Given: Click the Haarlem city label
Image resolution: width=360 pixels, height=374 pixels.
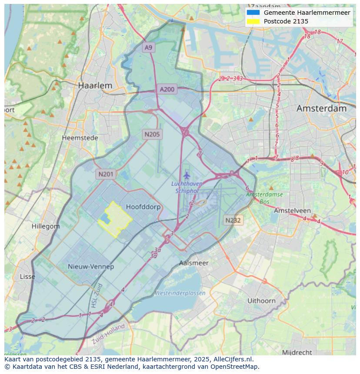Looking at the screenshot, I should [95, 86].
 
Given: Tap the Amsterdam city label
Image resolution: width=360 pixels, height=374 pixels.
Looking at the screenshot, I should [321, 109].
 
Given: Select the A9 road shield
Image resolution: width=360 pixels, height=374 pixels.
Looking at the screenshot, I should [149, 47].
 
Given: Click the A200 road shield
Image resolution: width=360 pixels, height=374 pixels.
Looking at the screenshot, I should [167, 89].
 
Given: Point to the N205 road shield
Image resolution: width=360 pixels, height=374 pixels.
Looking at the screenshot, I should [152, 134].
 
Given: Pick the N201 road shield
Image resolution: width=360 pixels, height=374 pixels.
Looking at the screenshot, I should [106, 174].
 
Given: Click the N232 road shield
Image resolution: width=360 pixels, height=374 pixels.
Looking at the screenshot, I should [233, 220].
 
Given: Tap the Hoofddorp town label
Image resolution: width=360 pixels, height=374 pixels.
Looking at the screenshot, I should [143, 207].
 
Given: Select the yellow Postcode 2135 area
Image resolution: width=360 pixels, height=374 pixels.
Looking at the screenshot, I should [116, 218].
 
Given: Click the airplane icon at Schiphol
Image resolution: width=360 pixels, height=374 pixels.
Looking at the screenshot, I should [187, 175].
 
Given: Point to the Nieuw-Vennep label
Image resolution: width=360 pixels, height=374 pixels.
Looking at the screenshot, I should [91, 266].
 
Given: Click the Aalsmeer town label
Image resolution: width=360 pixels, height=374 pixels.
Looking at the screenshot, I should [194, 263].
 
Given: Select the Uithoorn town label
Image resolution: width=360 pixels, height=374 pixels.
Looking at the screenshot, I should [261, 301].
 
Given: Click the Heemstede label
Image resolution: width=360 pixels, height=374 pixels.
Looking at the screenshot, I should [80, 138].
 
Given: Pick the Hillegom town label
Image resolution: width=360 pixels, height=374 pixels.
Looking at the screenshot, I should [46, 226].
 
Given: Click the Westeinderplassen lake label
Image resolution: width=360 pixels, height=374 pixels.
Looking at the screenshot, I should [180, 293].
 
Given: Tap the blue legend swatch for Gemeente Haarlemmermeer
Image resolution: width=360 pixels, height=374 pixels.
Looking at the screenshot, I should [253, 13].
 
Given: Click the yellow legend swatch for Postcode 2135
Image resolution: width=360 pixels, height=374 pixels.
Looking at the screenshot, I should [253, 21].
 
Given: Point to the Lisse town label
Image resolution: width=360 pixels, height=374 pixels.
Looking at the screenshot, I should [28, 276].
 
